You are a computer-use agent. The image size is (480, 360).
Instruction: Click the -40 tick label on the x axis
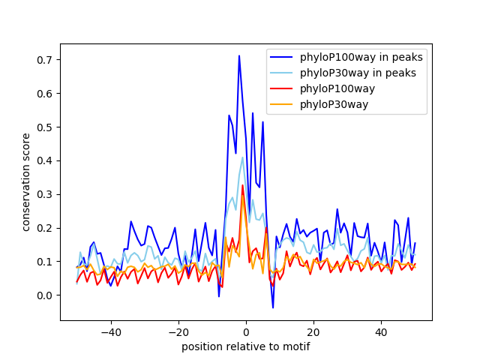click(x=110, y=331)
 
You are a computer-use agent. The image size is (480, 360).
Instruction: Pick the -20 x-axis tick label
click(x=178, y=331)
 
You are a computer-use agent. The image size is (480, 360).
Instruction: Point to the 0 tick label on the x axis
click(x=246, y=331)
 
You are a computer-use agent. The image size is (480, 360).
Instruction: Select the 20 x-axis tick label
click(x=313, y=331)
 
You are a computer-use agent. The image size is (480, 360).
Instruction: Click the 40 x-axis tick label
click(x=381, y=331)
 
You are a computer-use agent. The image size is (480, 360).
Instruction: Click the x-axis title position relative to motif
click(x=245, y=346)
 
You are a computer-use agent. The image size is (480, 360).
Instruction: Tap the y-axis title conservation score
click(x=26, y=181)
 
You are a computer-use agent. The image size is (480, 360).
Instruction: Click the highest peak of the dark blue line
click(x=239, y=55)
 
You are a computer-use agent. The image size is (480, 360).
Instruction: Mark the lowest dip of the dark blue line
click(x=273, y=307)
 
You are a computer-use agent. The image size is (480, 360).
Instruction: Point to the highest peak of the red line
click(x=242, y=185)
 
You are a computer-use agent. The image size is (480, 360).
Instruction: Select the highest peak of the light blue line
click(x=242, y=158)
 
